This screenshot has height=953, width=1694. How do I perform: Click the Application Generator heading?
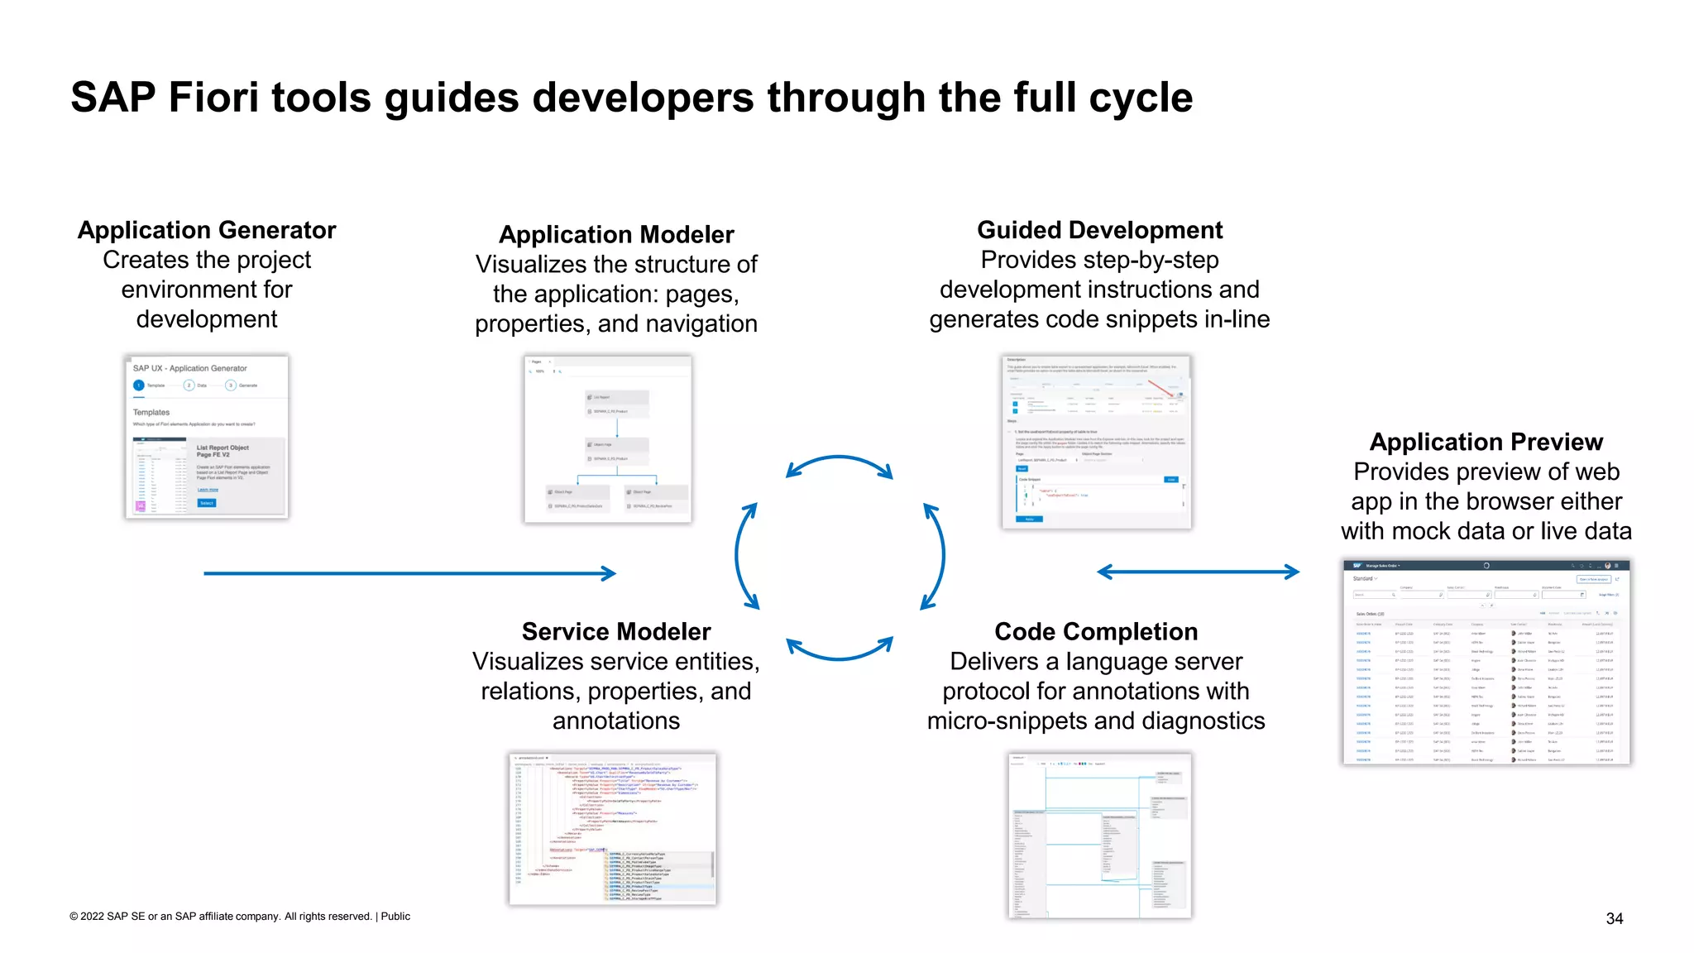tap(207, 230)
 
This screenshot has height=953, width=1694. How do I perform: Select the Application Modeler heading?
tap(616, 235)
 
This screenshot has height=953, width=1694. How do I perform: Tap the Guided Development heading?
tap(1099, 230)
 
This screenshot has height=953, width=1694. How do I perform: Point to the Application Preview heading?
tap(1486, 442)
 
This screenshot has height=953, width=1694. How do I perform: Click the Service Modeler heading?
tap(616, 632)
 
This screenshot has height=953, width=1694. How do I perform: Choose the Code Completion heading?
tap(1096, 632)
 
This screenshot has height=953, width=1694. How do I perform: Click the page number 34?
tap(1614, 918)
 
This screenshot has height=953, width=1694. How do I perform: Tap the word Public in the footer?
tap(395, 917)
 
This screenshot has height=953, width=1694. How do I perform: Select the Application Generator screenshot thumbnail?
tap(207, 437)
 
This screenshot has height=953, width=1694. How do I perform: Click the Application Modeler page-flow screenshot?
tap(608, 438)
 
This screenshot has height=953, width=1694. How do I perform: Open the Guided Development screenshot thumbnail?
tap(1096, 442)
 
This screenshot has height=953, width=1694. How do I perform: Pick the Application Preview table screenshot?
tap(1486, 662)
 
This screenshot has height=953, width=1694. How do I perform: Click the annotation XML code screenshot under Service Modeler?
tap(613, 828)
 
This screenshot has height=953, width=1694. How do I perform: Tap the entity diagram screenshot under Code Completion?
tap(1099, 835)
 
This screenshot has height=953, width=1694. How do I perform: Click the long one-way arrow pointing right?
tap(409, 573)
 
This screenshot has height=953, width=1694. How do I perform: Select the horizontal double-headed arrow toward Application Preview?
tap(1198, 572)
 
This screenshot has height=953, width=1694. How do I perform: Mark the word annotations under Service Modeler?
tap(616, 721)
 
